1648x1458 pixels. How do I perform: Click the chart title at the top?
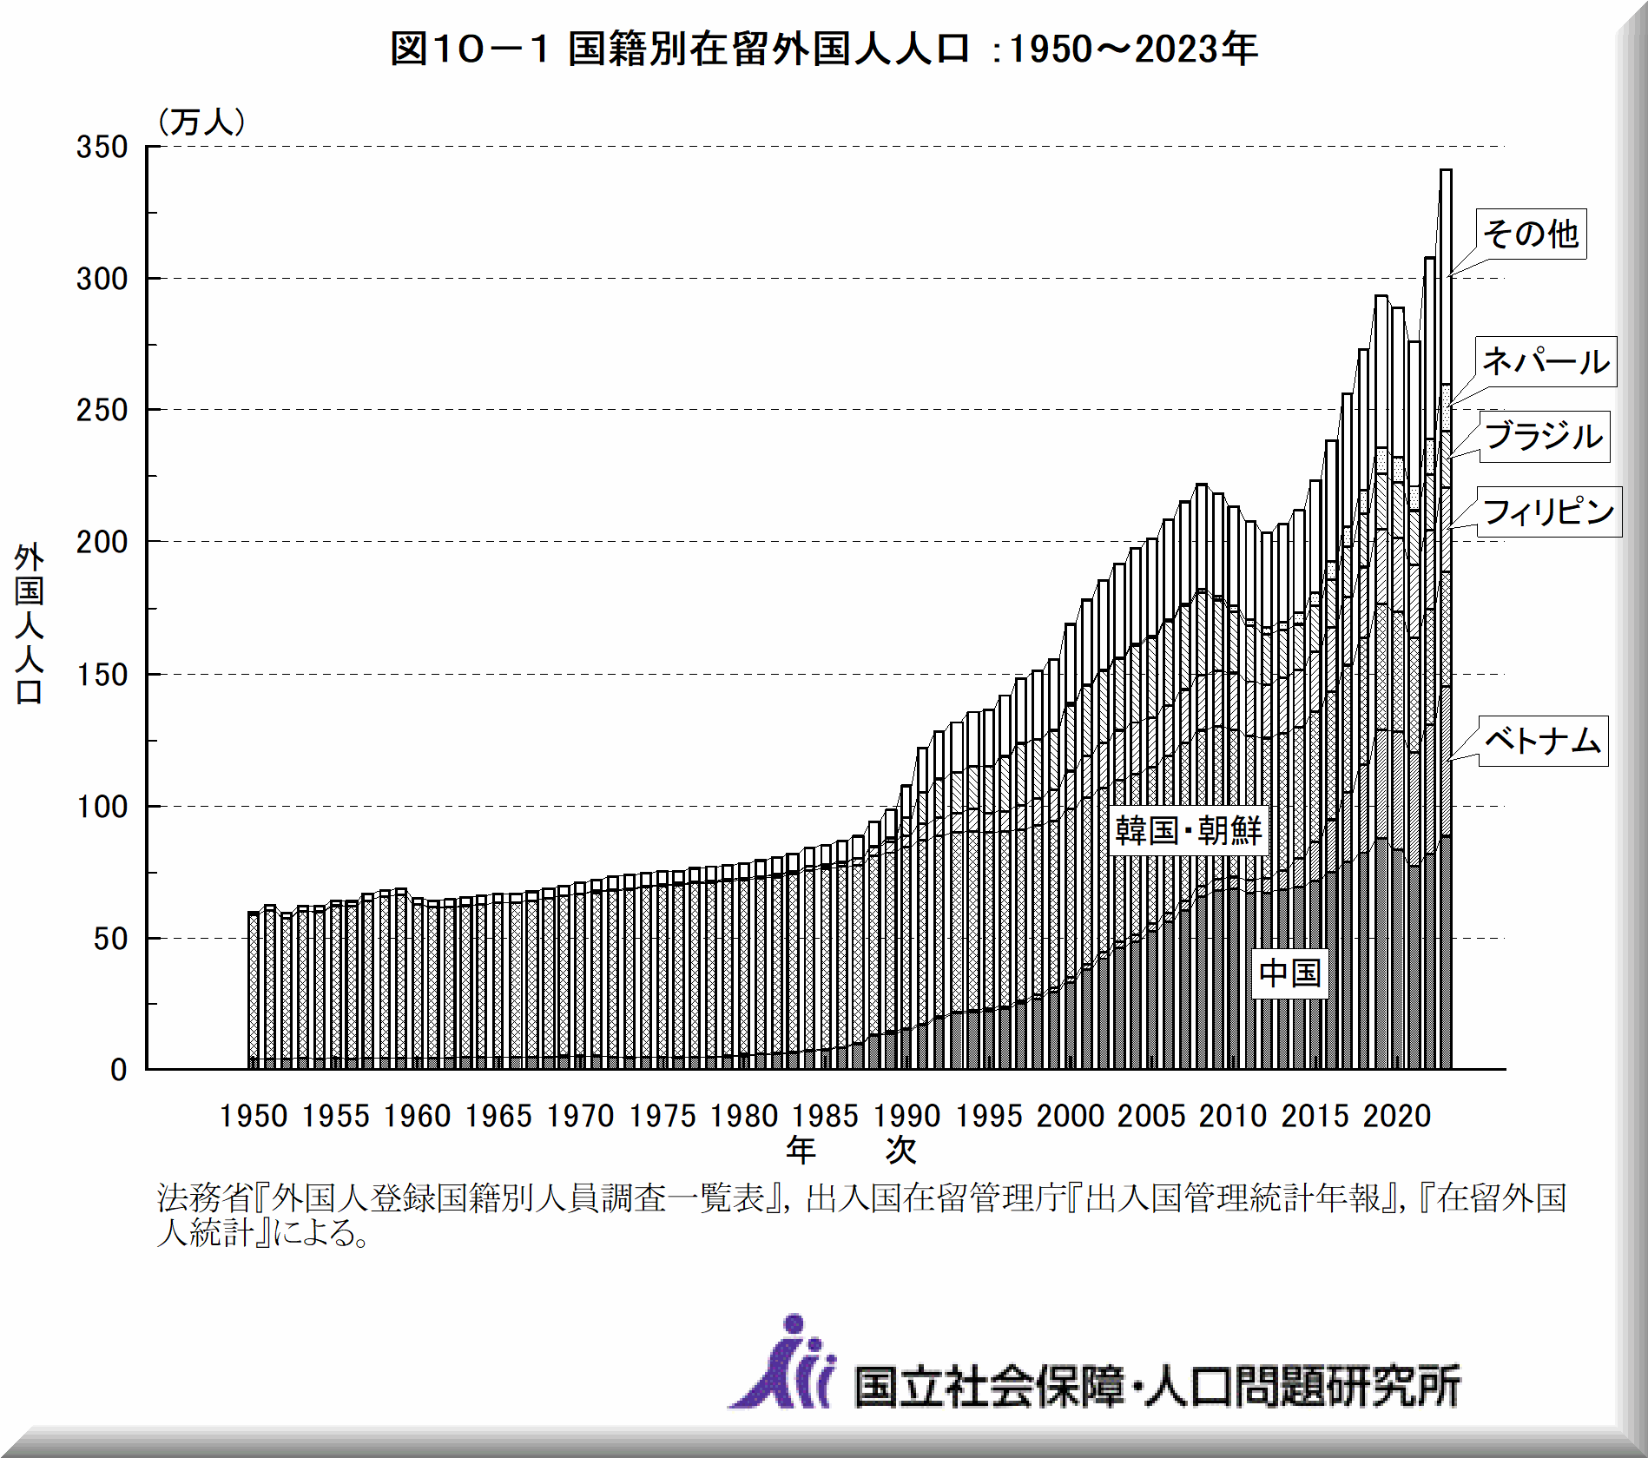point(823,49)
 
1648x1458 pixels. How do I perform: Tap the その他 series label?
point(1531,234)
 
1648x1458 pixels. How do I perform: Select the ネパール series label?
point(1546,361)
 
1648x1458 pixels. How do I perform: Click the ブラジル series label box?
point(1544,436)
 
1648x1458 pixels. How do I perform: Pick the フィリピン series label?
point(1548,511)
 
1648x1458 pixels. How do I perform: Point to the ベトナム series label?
point(1543,741)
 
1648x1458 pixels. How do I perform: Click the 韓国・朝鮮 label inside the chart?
point(1188,831)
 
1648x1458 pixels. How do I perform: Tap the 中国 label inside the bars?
point(1289,973)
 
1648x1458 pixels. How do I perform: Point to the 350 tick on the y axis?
point(102,147)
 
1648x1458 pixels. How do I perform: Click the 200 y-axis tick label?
point(102,542)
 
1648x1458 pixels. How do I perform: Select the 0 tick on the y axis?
point(119,1070)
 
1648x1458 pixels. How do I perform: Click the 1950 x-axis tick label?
point(253,1116)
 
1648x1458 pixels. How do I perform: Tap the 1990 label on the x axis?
point(906,1116)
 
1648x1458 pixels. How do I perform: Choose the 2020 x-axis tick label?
point(1396,1116)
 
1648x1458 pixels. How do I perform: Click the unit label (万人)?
point(201,122)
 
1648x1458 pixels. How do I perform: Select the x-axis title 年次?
point(851,1150)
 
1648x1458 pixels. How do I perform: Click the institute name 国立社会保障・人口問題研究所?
point(1157,1385)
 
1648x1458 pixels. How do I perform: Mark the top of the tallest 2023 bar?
point(1446,170)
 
